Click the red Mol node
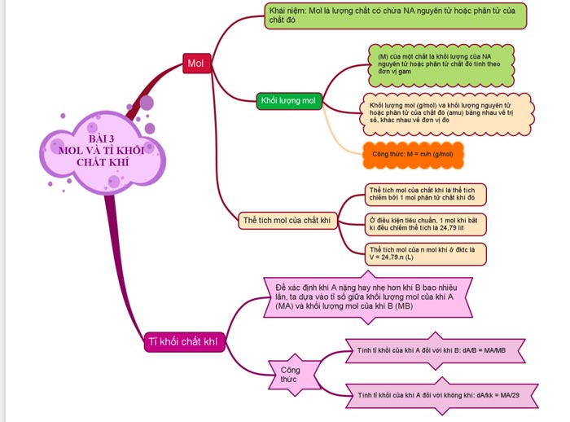195,63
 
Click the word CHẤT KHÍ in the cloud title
102,161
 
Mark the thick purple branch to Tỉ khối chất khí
116,261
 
